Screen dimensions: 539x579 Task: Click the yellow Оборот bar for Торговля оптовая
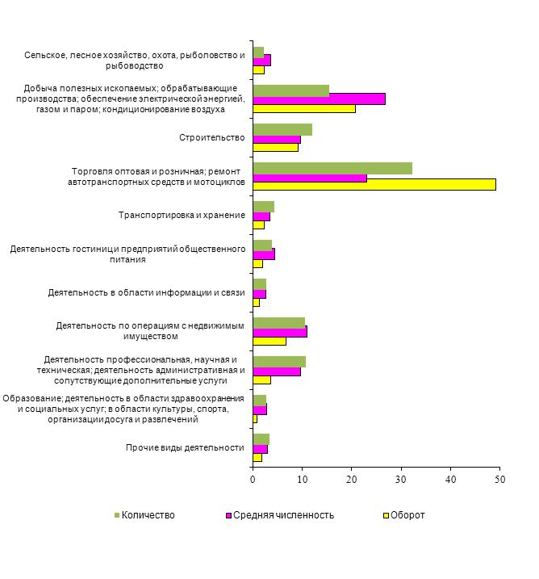coord(374,184)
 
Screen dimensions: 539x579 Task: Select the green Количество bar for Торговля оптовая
coord(332,169)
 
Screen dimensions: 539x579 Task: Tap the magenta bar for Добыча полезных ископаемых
coord(319,99)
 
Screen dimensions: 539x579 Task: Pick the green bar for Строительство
coord(282,130)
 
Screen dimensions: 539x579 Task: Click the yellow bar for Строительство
coord(276,147)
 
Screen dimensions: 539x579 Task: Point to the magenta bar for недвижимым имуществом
coord(280,331)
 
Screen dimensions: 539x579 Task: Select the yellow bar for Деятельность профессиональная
coord(262,380)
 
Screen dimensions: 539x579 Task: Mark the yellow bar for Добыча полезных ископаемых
coord(304,108)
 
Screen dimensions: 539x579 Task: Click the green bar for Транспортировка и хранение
coord(263,207)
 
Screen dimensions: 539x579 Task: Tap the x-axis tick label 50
coord(500,480)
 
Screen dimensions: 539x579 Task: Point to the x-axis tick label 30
coord(401,480)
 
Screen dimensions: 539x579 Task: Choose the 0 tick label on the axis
coord(253,480)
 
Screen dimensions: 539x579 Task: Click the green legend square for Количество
coord(117,515)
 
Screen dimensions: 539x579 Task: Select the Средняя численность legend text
coord(283,515)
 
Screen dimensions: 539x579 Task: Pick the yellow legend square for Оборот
coord(386,515)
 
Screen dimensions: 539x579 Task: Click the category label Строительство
coord(211,137)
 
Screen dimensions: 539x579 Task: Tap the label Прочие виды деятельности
coord(185,447)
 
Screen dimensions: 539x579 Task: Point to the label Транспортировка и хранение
coord(182,215)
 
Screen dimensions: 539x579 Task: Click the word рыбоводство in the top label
coord(134,65)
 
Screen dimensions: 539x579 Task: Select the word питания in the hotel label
coord(127,259)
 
